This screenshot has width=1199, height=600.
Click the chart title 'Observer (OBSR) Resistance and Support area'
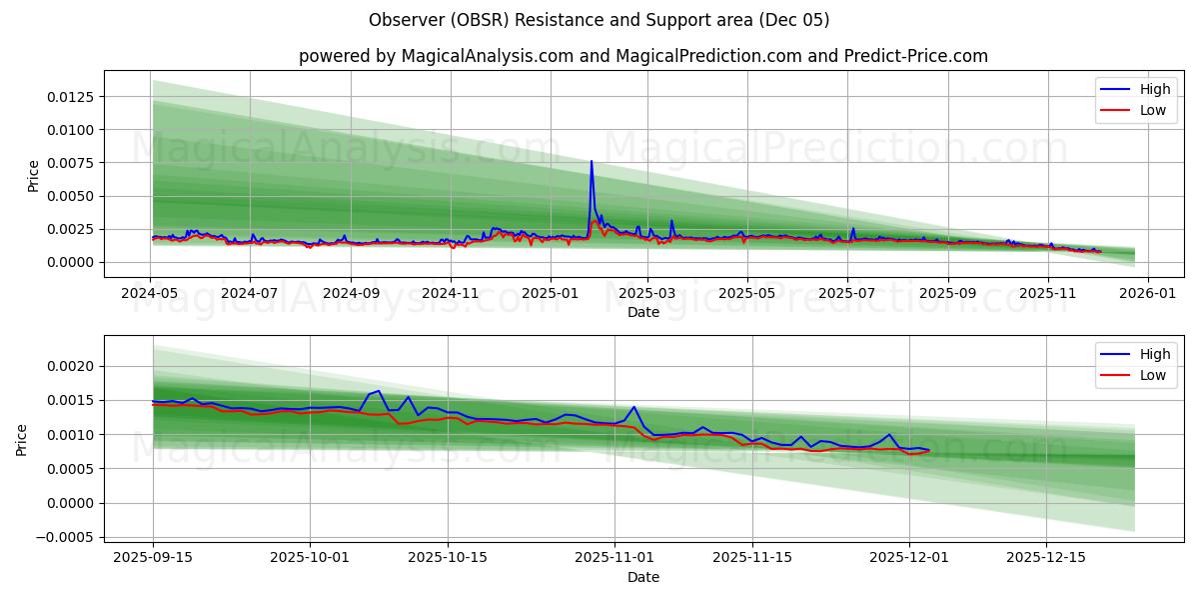pyautogui.click(x=599, y=20)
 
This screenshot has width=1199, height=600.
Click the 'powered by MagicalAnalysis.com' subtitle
pyautogui.click(x=642, y=56)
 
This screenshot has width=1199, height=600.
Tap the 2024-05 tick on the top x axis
pyautogui.click(x=151, y=294)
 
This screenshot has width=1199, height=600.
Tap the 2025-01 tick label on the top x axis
pyautogui.click(x=550, y=294)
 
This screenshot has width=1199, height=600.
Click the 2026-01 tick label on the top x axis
pyautogui.click(x=1147, y=294)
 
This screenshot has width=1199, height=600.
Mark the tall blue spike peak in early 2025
pyautogui.click(x=592, y=161)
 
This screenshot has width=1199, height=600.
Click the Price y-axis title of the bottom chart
pyautogui.click(x=22, y=439)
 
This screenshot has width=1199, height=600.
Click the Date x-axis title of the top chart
pyautogui.click(x=642, y=312)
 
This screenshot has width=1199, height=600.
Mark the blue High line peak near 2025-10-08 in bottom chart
pyautogui.click(x=378, y=391)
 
